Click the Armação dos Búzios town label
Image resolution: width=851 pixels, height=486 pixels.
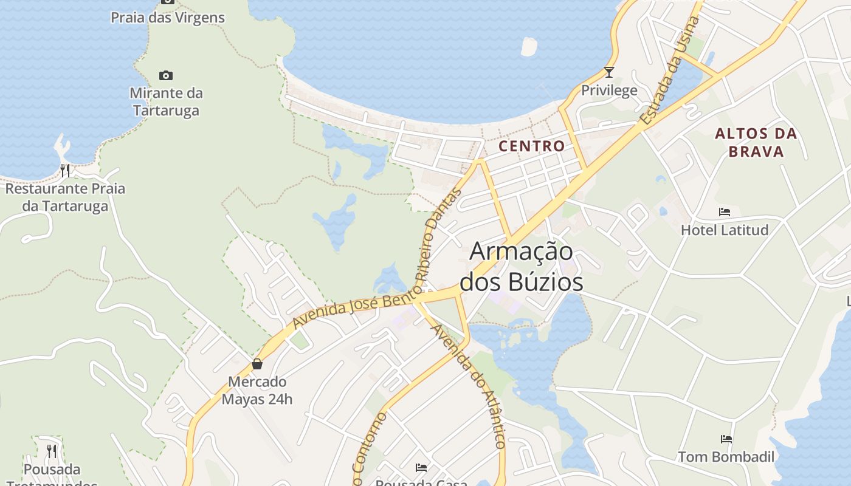[522, 267]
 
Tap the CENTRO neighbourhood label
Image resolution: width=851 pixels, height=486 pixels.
[532, 146]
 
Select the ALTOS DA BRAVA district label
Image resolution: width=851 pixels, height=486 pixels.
[756, 142]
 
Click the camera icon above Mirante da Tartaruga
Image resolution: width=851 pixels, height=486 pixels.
[166, 76]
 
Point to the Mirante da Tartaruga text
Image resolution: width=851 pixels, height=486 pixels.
[166, 101]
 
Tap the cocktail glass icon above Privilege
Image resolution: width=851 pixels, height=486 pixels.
[609, 72]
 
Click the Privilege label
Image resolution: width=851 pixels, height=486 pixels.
[609, 91]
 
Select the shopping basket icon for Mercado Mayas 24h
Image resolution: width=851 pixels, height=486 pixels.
[257, 364]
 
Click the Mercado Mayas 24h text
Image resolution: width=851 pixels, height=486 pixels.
[257, 390]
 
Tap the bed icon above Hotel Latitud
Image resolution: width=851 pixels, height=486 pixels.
[725, 212]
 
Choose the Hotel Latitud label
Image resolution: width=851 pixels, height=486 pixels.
[725, 230]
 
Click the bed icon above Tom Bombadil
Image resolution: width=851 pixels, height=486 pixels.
[726, 439]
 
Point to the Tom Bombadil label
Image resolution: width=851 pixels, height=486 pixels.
[726, 457]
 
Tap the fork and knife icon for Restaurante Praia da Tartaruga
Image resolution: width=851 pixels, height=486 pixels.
[65, 170]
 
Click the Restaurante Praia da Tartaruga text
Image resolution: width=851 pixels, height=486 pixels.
[65, 197]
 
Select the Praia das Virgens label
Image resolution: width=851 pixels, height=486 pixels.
[168, 18]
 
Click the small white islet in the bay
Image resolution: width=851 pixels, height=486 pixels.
[529, 47]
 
